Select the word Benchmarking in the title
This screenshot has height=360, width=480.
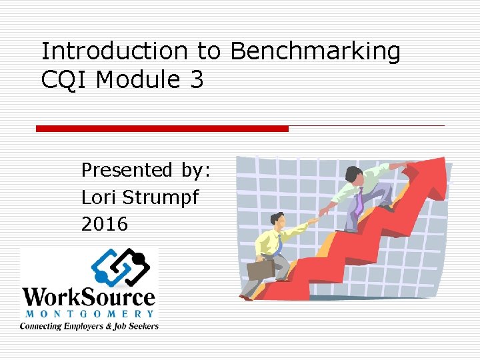coord(316,51)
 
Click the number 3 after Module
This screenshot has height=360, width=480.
coord(196,80)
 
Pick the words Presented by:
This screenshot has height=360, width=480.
coord(145,171)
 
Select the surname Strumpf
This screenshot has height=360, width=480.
coord(163,198)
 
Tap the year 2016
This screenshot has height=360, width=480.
coord(104,224)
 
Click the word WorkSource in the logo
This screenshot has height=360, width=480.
coord(89,297)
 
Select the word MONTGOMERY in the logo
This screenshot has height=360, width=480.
coord(89,313)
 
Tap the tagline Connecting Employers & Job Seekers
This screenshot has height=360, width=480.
coord(89,326)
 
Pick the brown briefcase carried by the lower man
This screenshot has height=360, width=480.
coord(261,269)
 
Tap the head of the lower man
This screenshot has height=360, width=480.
coord(277,219)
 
